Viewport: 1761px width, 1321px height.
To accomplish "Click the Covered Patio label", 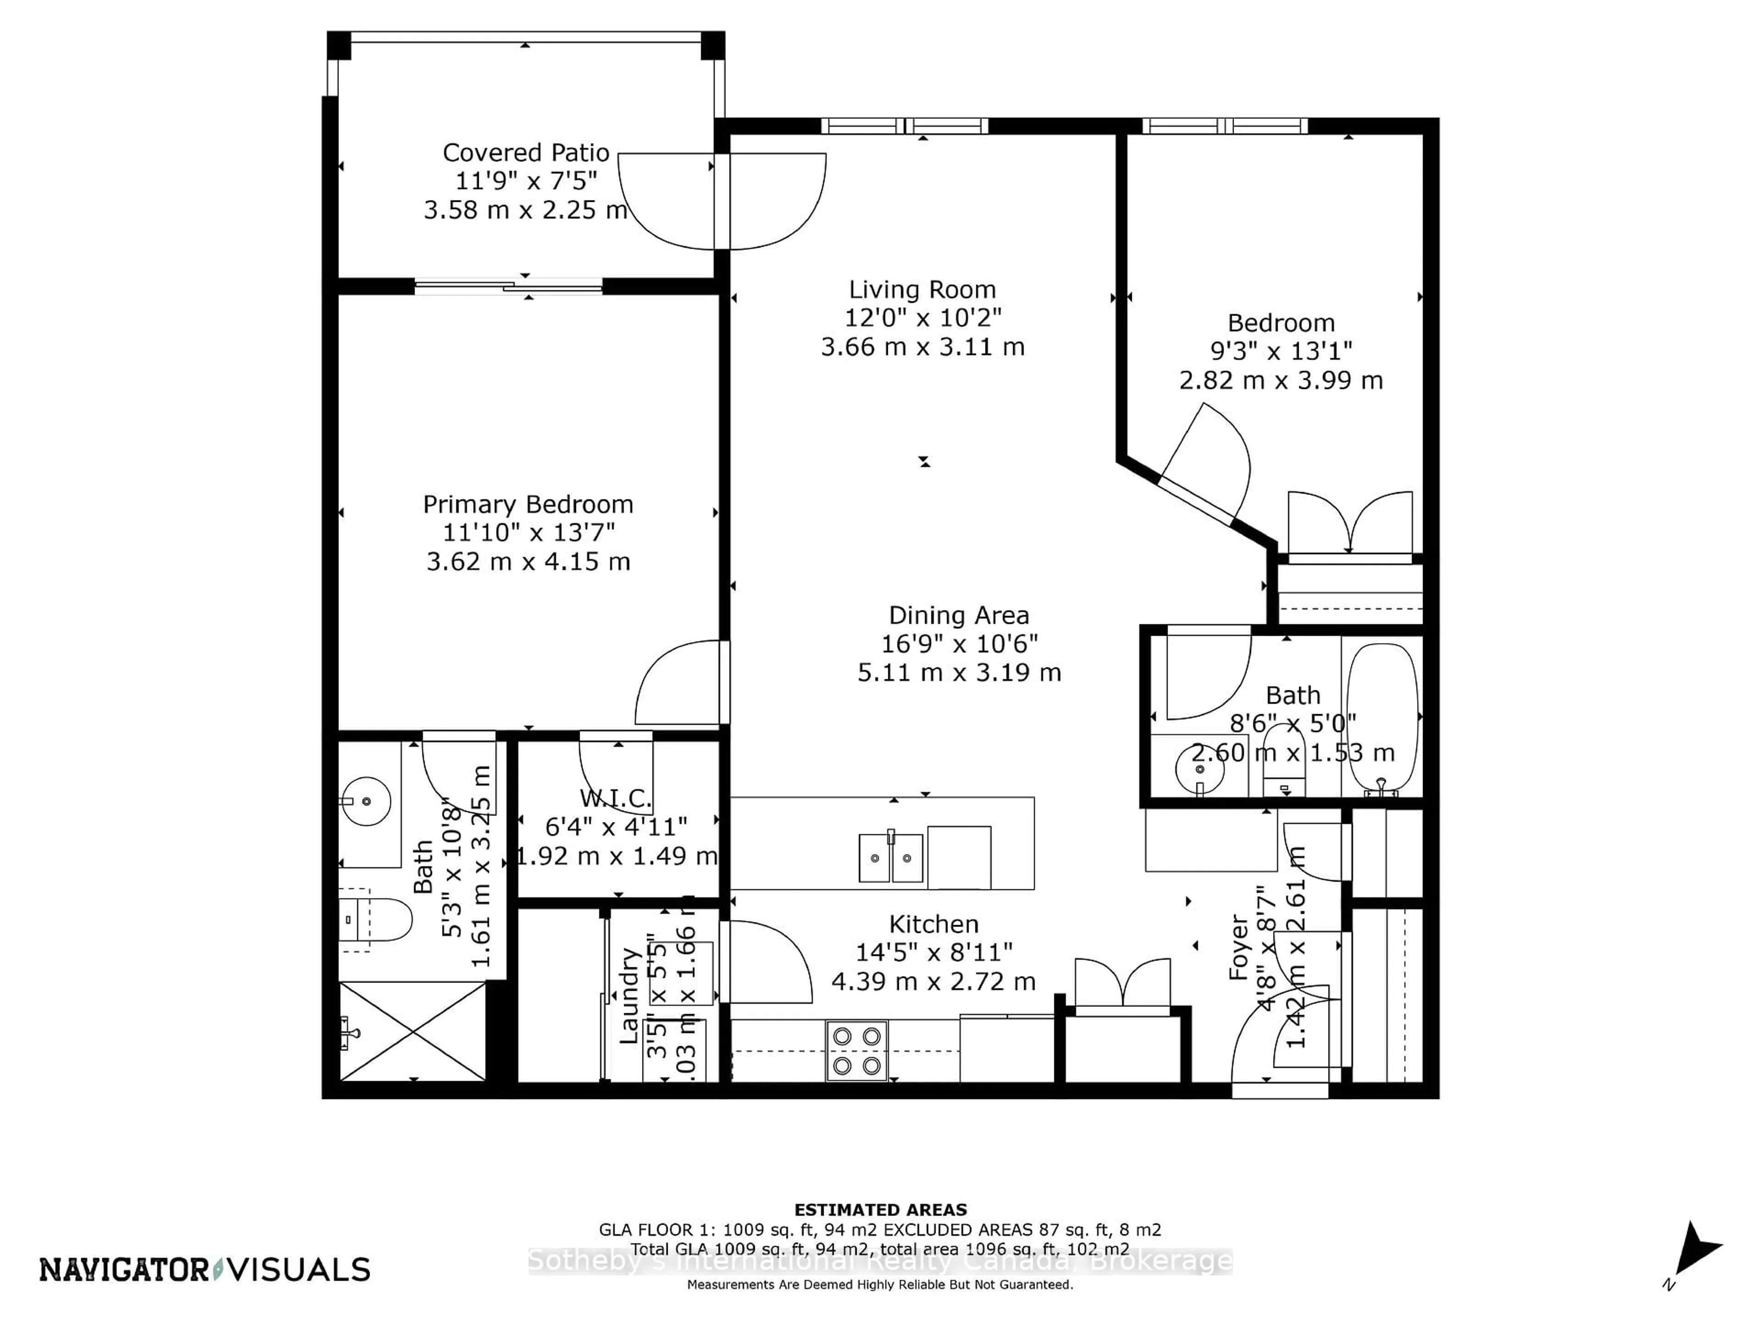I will pos(526,152).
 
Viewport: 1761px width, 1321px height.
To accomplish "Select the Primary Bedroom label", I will pos(528,504).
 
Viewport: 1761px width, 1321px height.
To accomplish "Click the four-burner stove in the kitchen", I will pos(857,1050).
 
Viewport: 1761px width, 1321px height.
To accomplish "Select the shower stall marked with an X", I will pos(412,1031).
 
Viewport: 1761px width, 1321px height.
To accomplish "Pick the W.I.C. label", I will pos(615,798).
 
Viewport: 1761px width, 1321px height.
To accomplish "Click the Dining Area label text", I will pos(958,615).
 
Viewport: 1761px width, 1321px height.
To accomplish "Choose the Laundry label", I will pos(629,995).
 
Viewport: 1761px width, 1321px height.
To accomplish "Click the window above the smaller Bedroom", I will pos(1224,126).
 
